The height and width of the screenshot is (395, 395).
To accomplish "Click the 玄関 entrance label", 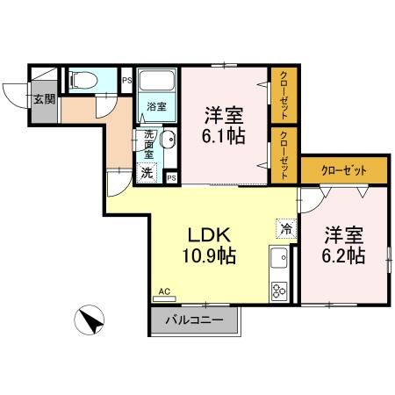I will tap(44, 98).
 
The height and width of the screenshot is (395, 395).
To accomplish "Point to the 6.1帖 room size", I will tap(224, 136).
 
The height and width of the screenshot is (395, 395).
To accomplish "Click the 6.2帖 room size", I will tap(343, 256).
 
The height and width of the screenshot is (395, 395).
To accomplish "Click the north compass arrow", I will tap(90, 322).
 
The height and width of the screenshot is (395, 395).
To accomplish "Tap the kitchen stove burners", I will tap(280, 291).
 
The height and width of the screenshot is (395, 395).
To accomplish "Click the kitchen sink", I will tap(280, 261).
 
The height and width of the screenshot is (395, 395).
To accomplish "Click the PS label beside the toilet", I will tap(127, 82).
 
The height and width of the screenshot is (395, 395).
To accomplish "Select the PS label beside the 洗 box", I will tap(170, 178).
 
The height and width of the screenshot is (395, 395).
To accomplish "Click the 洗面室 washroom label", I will tap(148, 144).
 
